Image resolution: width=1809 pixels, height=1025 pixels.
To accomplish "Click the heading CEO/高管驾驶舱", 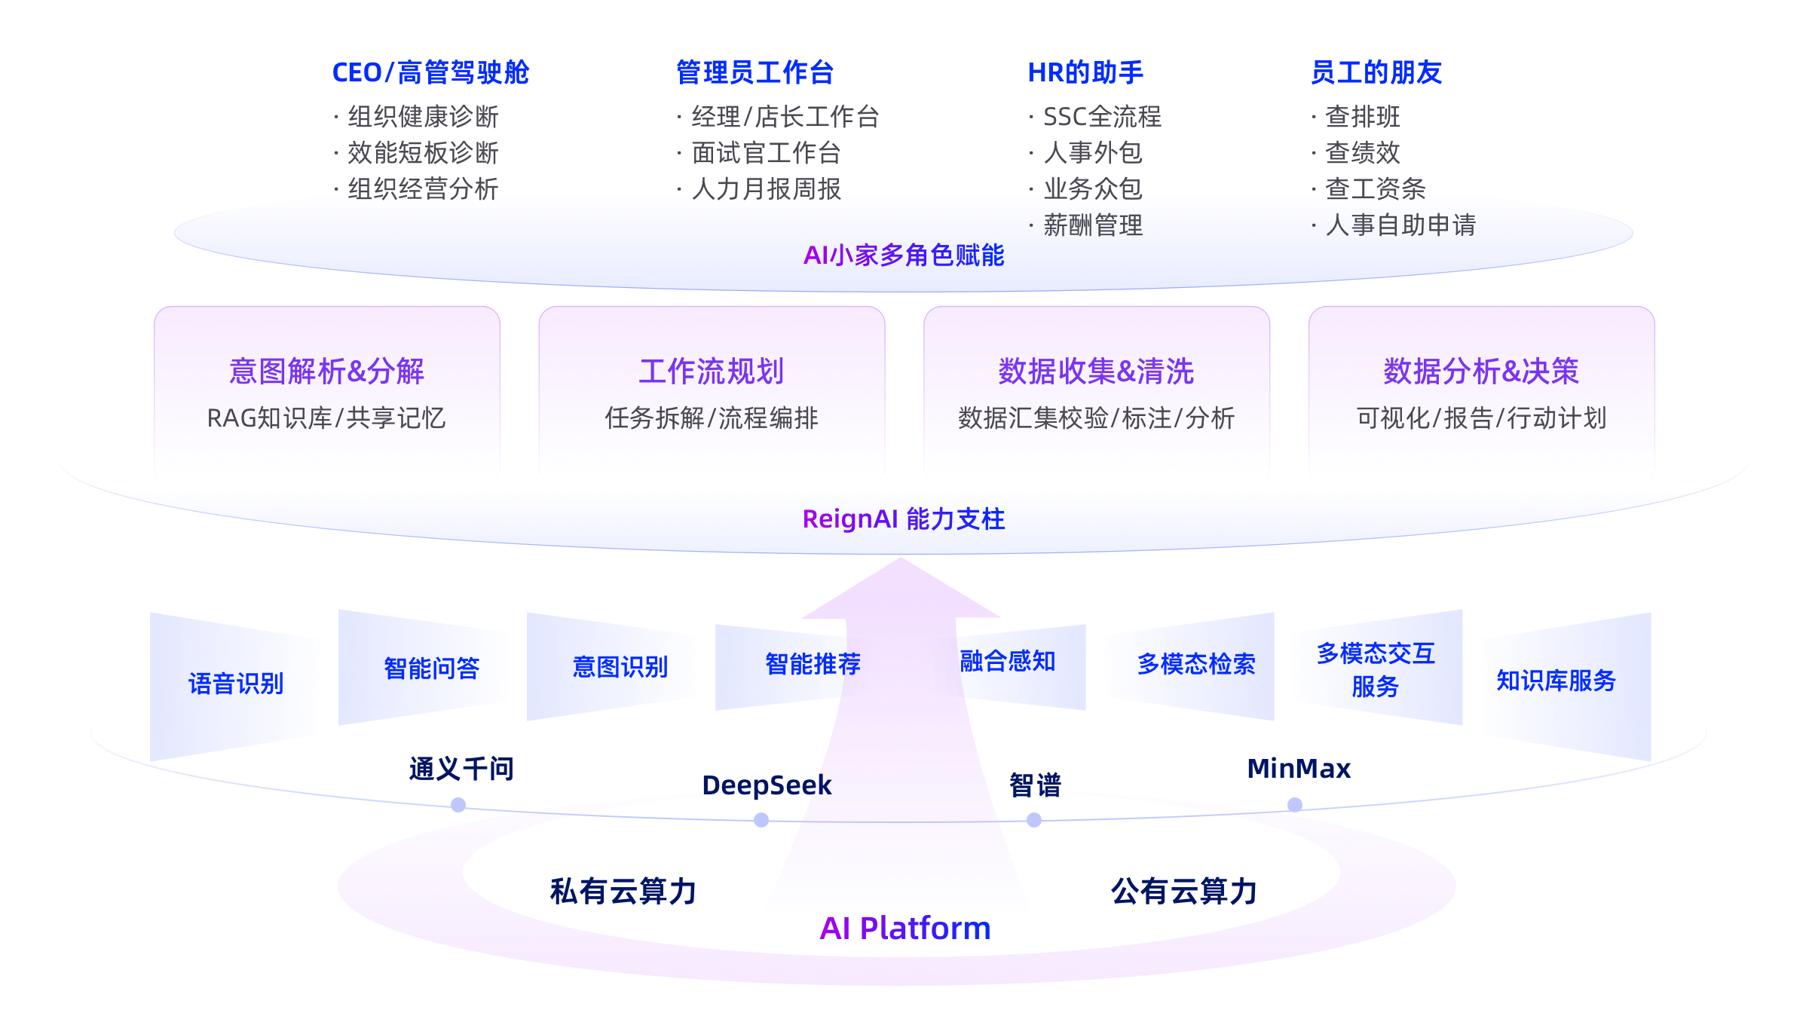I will (430, 73).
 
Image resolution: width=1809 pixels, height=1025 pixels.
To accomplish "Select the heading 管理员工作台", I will (755, 73).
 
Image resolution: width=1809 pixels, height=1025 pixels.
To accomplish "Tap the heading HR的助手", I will (1085, 73).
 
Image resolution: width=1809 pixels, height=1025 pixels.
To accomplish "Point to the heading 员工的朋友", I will (1376, 73).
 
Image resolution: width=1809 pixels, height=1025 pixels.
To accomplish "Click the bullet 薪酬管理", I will (1093, 225).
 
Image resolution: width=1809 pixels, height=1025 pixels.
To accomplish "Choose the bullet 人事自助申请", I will (1400, 225).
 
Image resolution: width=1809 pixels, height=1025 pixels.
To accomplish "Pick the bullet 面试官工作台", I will (766, 153).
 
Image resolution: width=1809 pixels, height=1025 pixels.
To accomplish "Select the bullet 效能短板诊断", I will (423, 153).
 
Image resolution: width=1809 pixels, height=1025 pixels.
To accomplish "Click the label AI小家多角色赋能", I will (904, 255).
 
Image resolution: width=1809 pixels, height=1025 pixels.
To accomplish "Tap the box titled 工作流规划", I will (712, 392).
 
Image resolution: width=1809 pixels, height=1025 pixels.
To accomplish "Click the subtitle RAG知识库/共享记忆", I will (326, 418).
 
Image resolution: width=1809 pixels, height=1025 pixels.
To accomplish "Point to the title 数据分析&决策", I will (1481, 372).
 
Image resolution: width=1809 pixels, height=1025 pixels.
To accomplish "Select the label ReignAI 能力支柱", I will (904, 519).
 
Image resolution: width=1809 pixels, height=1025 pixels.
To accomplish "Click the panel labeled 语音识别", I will (235, 684).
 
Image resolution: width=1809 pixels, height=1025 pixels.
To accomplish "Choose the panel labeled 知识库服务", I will (1556, 681).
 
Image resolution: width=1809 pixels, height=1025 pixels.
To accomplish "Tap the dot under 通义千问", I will (458, 806).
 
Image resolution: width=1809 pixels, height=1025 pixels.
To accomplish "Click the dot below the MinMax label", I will (1295, 805).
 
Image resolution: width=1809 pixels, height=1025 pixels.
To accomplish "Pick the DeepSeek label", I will (767, 785).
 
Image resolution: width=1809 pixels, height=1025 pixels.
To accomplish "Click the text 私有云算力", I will (623, 892).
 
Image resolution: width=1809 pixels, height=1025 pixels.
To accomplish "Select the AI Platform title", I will (904, 929).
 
